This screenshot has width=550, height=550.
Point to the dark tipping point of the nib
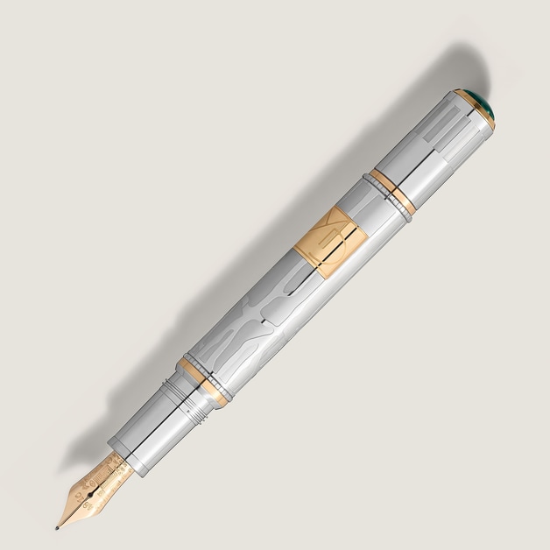[59, 527]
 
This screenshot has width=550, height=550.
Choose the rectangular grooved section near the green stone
[442, 131]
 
